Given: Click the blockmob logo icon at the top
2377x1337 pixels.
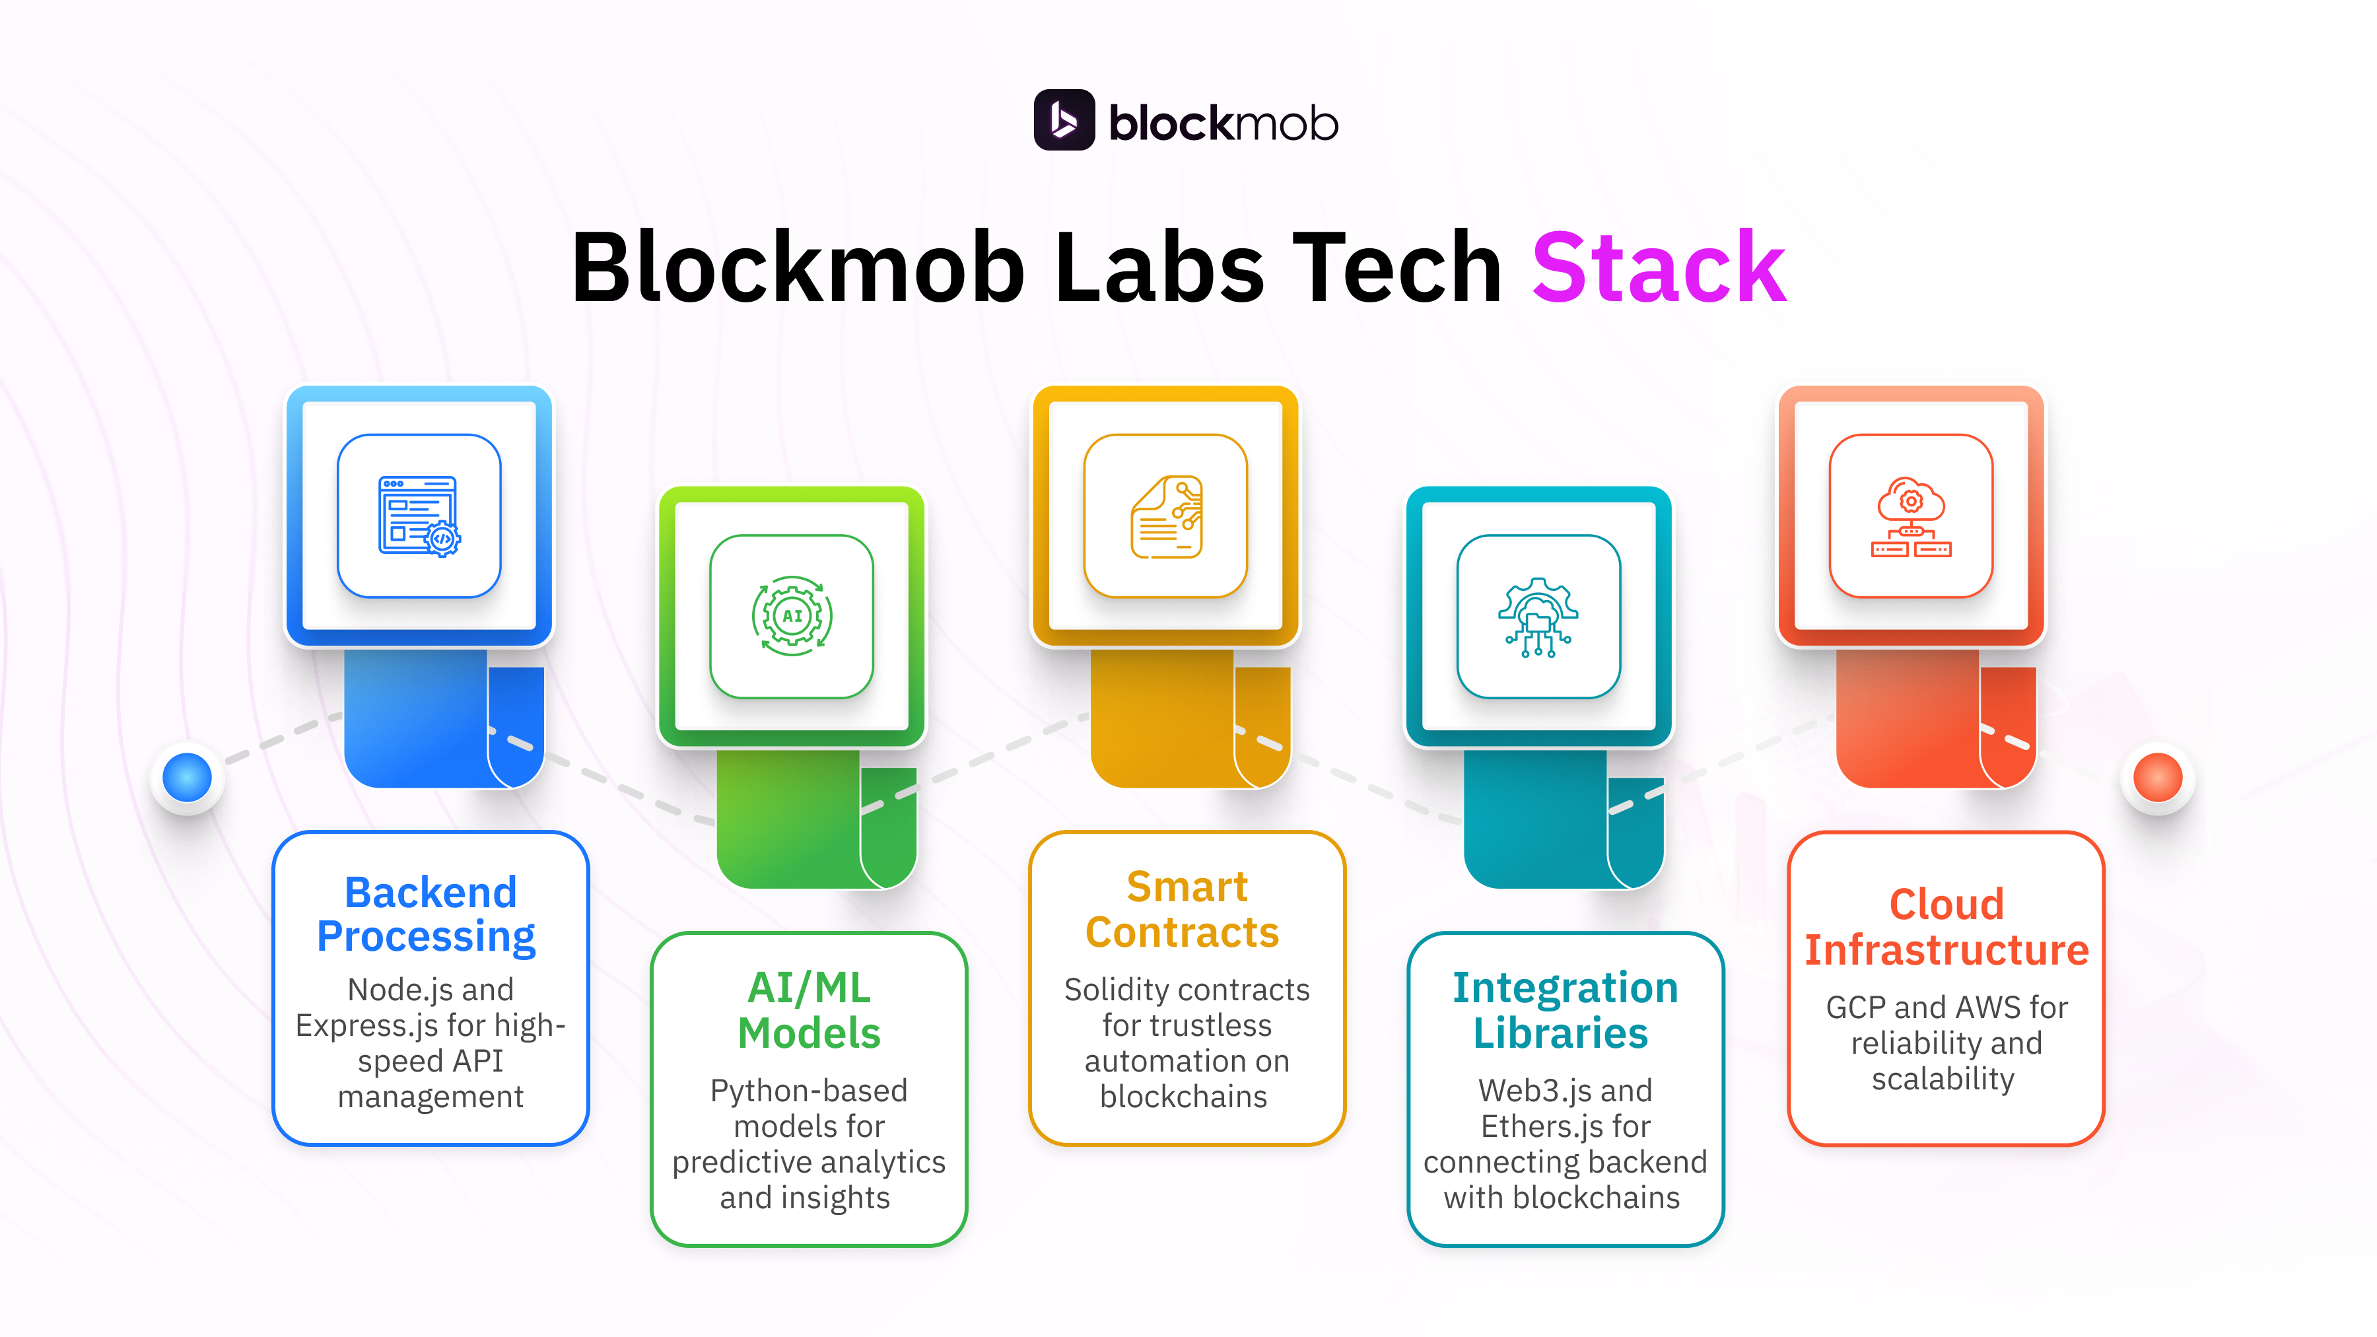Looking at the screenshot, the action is tap(1063, 120).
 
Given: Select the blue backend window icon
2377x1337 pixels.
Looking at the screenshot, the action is tap(419, 516).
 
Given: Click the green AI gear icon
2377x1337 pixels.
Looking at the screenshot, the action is tap(792, 617).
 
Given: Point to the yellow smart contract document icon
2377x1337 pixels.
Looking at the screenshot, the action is tap(1165, 516).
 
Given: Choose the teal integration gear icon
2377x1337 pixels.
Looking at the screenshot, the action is tap(1538, 617).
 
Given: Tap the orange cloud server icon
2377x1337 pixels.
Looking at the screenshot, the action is tap(1911, 516).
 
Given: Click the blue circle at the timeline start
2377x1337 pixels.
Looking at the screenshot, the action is tap(188, 777).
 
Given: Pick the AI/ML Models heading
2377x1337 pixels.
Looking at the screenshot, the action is tap(810, 1010).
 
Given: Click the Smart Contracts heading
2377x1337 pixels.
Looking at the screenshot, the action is tap(1185, 910).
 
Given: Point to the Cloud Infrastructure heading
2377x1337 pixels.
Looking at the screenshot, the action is tap(1946, 928).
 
